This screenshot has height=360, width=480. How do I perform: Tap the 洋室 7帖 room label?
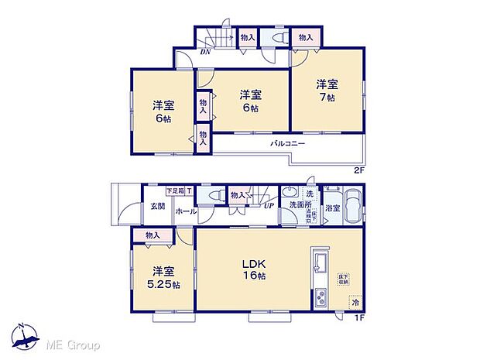(x=327, y=91)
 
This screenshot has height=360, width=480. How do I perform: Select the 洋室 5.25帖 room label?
(x=161, y=277)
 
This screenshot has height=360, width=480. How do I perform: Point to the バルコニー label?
(x=287, y=144)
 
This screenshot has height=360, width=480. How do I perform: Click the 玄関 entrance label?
(x=157, y=206)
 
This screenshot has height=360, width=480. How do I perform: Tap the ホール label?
(x=185, y=211)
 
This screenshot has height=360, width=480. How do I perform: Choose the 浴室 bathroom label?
(x=333, y=207)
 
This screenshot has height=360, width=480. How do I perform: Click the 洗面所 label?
(x=297, y=205)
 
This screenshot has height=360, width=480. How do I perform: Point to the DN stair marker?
(x=205, y=53)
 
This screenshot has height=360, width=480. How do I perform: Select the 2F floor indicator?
(x=358, y=169)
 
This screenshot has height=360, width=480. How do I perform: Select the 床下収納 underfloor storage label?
(x=341, y=277)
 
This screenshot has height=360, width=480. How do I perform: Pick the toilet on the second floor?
(x=277, y=37)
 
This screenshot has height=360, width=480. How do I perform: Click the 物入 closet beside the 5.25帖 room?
(x=152, y=235)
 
